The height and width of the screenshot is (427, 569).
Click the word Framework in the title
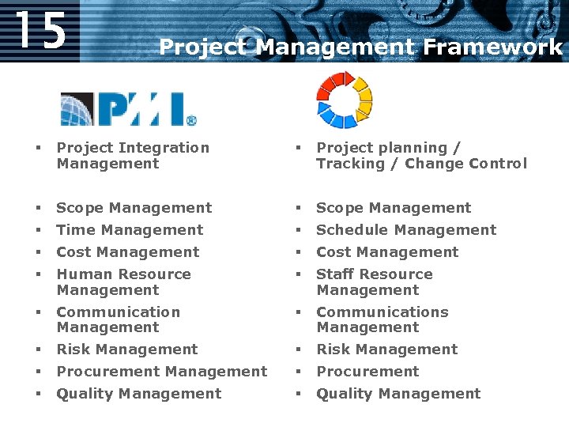492,47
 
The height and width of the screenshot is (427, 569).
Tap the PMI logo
129,109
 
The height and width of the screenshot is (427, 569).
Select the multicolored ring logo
344,100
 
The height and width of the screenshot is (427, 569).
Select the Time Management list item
130,230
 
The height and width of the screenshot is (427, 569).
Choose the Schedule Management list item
406,230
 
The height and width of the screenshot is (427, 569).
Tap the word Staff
335,274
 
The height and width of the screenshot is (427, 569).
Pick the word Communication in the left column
119,312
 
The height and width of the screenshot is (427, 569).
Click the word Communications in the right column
382,312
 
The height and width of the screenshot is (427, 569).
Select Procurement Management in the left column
161,372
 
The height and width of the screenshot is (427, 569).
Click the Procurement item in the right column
367,372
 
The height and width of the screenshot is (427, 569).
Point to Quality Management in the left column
138,394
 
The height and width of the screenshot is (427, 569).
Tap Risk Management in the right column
386,350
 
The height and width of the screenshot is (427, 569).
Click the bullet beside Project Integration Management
37,148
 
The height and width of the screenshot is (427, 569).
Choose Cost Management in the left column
127,252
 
